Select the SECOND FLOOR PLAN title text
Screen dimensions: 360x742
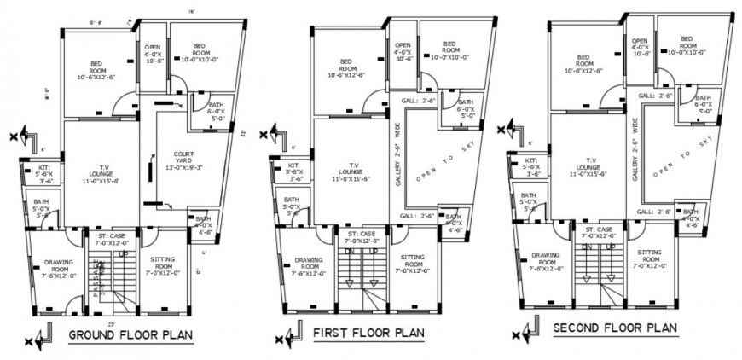pyautogui.click(x=615, y=328)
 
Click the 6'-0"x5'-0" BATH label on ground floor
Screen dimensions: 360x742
pyautogui.click(x=215, y=112)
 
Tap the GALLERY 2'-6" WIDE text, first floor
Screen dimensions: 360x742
pyautogui.click(x=397, y=154)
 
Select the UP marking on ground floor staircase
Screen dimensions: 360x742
pyautogui.click(x=124, y=253)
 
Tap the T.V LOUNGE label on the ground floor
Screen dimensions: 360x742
pyautogui.click(x=101, y=173)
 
